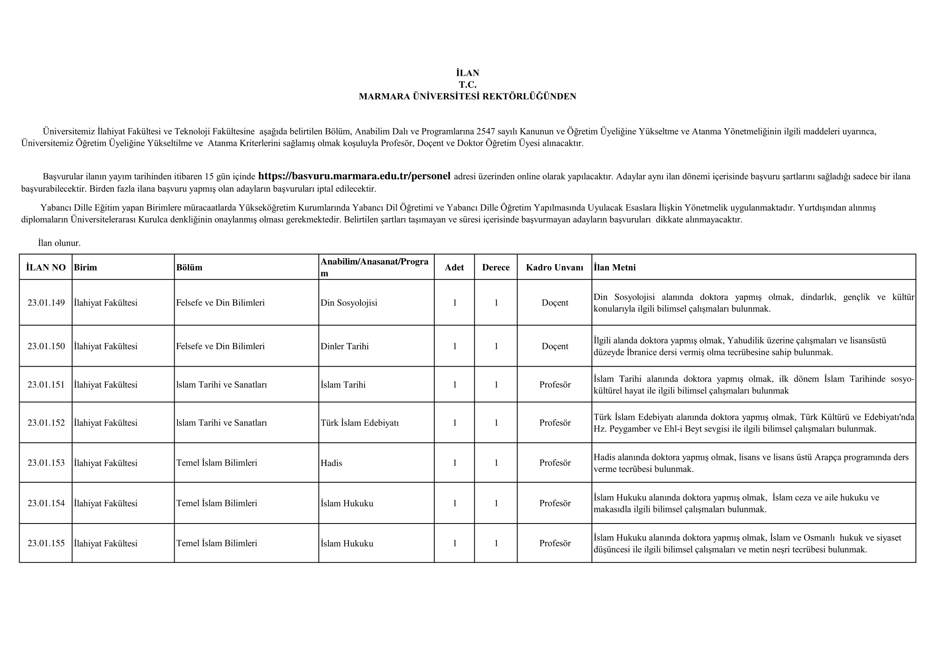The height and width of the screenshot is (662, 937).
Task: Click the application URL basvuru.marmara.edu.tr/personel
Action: click(354, 176)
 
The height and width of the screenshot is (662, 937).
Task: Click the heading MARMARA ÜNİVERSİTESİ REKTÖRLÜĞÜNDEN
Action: click(467, 96)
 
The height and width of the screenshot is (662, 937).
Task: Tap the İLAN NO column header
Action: click(46, 267)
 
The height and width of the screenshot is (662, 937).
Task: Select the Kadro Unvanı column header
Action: click(554, 267)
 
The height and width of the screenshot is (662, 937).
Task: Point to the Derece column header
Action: click(496, 267)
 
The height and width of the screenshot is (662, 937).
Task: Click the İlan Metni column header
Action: click(615, 267)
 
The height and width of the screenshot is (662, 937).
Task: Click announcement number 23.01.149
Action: click(46, 303)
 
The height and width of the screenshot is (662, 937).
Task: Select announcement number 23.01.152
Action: click(46, 423)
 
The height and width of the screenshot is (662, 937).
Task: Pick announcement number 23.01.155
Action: click(46, 544)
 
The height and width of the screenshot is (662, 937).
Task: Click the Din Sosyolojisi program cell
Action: click(349, 303)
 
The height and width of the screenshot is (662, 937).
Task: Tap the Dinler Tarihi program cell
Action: click(345, 347)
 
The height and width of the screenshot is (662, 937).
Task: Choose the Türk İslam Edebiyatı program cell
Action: click(359, 423)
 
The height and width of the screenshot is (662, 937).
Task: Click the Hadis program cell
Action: click(331, 463)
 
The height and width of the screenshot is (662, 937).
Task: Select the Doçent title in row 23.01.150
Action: click(554, 347)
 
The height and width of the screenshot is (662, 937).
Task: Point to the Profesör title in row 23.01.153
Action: click(554, 463)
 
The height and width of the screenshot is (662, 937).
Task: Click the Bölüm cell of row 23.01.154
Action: click(217, 504)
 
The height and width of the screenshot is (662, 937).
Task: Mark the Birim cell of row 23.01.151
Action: click(106, 385)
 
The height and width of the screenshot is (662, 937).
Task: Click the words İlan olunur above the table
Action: click(60, 243)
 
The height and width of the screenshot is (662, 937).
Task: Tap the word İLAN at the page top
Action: click(467, 73)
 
